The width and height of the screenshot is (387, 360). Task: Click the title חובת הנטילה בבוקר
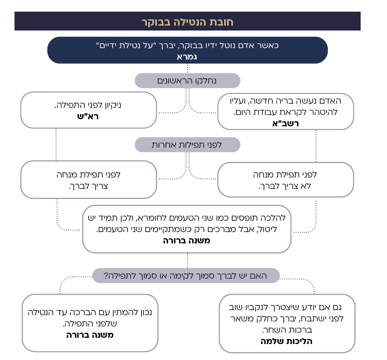(187, 21)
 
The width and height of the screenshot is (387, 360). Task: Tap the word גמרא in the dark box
(187, 57)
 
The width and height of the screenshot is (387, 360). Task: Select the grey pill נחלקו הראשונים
(187, 80)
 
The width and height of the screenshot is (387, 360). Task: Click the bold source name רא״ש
(89, 117)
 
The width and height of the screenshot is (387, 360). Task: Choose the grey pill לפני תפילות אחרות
(187, 145)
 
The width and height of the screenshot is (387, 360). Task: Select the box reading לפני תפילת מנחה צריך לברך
(89, 179)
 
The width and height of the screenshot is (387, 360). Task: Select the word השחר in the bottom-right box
(275, 330)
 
